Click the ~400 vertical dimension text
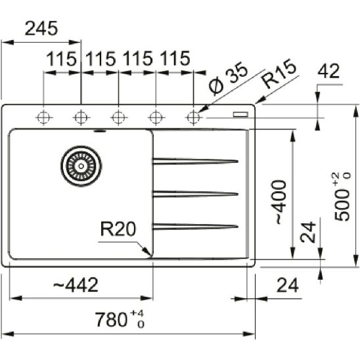[281, 202]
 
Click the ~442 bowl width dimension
[74, 285]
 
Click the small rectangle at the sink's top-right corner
[241, 114]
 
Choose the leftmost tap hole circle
[44, 118]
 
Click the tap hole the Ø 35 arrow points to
[193, 118]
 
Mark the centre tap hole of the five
[118, 118]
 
